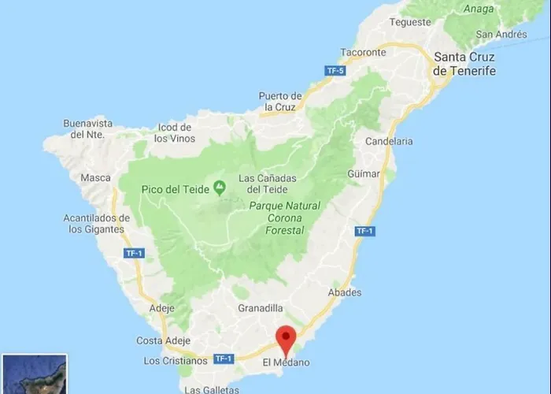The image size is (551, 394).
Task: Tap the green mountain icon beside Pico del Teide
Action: point(220,189)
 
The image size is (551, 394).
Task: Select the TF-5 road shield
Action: point(336,72)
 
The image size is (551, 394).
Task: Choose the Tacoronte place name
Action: point(364,53)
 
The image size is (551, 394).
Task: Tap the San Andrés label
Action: point(501,34)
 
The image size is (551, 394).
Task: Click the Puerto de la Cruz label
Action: point(280,102)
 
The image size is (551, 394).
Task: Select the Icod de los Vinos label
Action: point(173,133)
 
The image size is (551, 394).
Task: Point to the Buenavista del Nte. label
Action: point(88,129)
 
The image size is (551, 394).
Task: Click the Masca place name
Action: point(95,177)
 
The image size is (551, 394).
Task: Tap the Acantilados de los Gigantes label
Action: point(96,224)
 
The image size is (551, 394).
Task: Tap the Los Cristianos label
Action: point(176,360)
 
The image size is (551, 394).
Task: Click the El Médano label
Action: point(286,362)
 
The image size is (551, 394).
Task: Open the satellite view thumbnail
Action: point(34,375)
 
